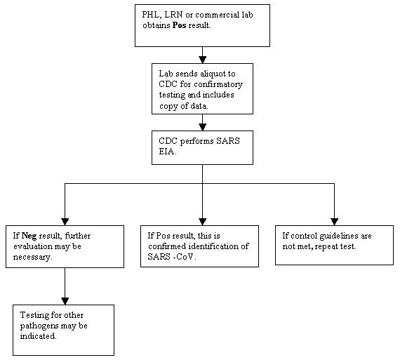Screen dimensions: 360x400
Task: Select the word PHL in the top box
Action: pyautogui.click(x=149, y=14)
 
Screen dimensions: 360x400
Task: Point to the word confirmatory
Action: pyautogui.click(x=210, y=82)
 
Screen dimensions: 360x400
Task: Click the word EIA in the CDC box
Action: pyautogui.click(x=166, y=149)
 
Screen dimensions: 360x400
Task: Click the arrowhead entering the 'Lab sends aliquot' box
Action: pyautogui.click(x=202, y=59)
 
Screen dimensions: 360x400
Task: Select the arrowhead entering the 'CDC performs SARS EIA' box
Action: pyautogui.click(x=202, y=126)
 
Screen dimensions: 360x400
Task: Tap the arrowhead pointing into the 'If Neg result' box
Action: pyautogui.click(x=65, y=220)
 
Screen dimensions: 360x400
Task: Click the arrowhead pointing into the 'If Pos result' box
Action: pyautogui.click(x=202, y=220)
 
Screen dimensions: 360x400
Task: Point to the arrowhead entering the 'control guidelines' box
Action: pyautogui.click(x=334, y=220)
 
